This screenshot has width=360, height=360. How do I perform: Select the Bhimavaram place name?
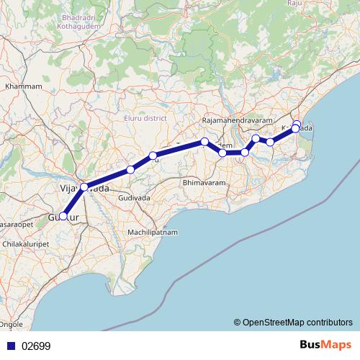[x=204, y=184]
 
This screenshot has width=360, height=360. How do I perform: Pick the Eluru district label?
[x=145, y=117]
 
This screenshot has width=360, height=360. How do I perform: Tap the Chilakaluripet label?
[x=27, y=244]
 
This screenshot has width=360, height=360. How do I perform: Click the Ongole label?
[x=12, y=325]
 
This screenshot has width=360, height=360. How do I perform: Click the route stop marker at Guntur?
[x=63, y=215]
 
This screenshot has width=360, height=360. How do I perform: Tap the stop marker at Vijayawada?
[x=84, y=187]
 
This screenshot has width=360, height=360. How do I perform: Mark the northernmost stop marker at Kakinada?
[x=297, y=124]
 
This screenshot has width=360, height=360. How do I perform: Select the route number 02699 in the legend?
[x=37, y=346]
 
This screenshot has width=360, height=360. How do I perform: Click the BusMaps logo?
[x=325, y=345]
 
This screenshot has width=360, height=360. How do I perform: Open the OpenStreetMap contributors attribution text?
[x=292, y=322]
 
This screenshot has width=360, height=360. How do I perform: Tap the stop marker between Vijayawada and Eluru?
[x=130, y=170]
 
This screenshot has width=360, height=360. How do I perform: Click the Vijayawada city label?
[x=84, y=188]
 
